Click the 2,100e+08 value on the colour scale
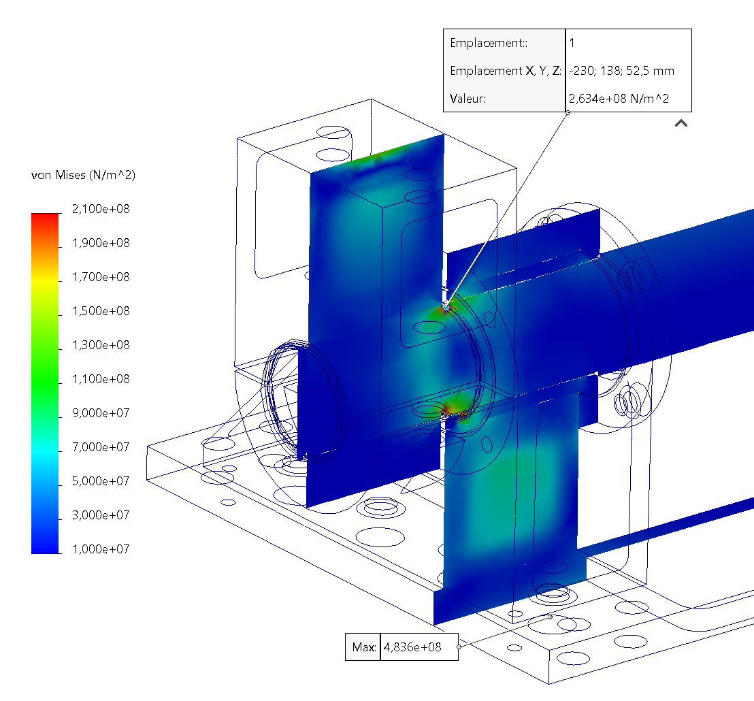pyautogui.click(x=101, y=209)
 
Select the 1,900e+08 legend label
pyautogui.click(x=101, y=243)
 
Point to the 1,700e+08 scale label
pyautogui.click(x=101, y=277)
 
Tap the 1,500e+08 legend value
pyautogui.click(x=101, y=311)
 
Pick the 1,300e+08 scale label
pyautogui.click(x=101, y=345)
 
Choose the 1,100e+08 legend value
pyautogui.click(x=101, y=379)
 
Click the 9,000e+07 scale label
pyautogui.click(x=101, y=413)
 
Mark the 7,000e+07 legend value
pyautogui.click(x=101, y=447)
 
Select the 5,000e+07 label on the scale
pyautogui.click(x=101, y=480)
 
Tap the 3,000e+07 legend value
pyautogui.click(x=101, y=515)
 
